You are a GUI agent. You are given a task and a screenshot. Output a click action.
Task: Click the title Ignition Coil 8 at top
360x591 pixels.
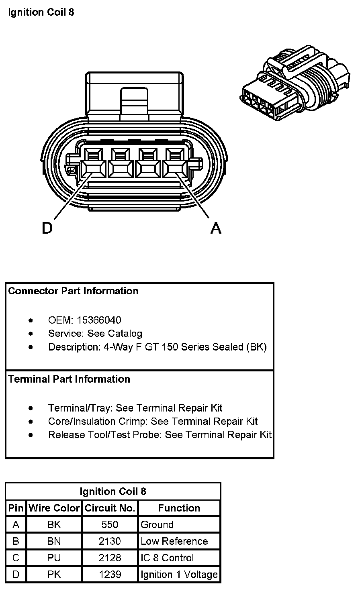coord(41,12)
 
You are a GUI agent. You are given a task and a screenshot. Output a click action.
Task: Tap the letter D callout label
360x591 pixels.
coord(47,228)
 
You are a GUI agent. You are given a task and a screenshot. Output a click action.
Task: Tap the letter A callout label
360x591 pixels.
coord(216,228)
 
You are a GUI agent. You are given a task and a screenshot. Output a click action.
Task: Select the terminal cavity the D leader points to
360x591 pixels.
coord(93,169)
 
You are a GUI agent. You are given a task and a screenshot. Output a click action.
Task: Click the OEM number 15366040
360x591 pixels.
coord(99,320)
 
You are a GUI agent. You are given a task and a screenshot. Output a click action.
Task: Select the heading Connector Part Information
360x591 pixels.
coord(73,291)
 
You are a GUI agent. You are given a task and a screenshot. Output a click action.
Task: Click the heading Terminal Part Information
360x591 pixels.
coord(69,379)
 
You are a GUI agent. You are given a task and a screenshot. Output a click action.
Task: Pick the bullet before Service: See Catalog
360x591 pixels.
coord(31,334)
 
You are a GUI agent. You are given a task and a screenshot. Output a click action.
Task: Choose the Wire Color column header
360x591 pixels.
coord(54,508)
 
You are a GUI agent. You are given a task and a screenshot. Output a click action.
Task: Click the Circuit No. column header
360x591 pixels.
coord(110,508)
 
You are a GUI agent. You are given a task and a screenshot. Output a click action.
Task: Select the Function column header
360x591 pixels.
coord(179,508)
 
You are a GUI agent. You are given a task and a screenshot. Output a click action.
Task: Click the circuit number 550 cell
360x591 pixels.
coord(110,524)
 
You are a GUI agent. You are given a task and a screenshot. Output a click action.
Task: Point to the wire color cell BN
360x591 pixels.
coord(54,541)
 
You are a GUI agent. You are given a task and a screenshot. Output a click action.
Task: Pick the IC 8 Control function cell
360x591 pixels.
coord(167,558)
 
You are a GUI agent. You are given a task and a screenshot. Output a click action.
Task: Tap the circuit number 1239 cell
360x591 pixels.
coord(110,575)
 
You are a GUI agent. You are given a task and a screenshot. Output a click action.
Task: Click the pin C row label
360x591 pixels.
coord(16,558)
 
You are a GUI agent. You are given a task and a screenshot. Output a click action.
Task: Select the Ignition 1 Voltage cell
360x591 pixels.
coord(179,575)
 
